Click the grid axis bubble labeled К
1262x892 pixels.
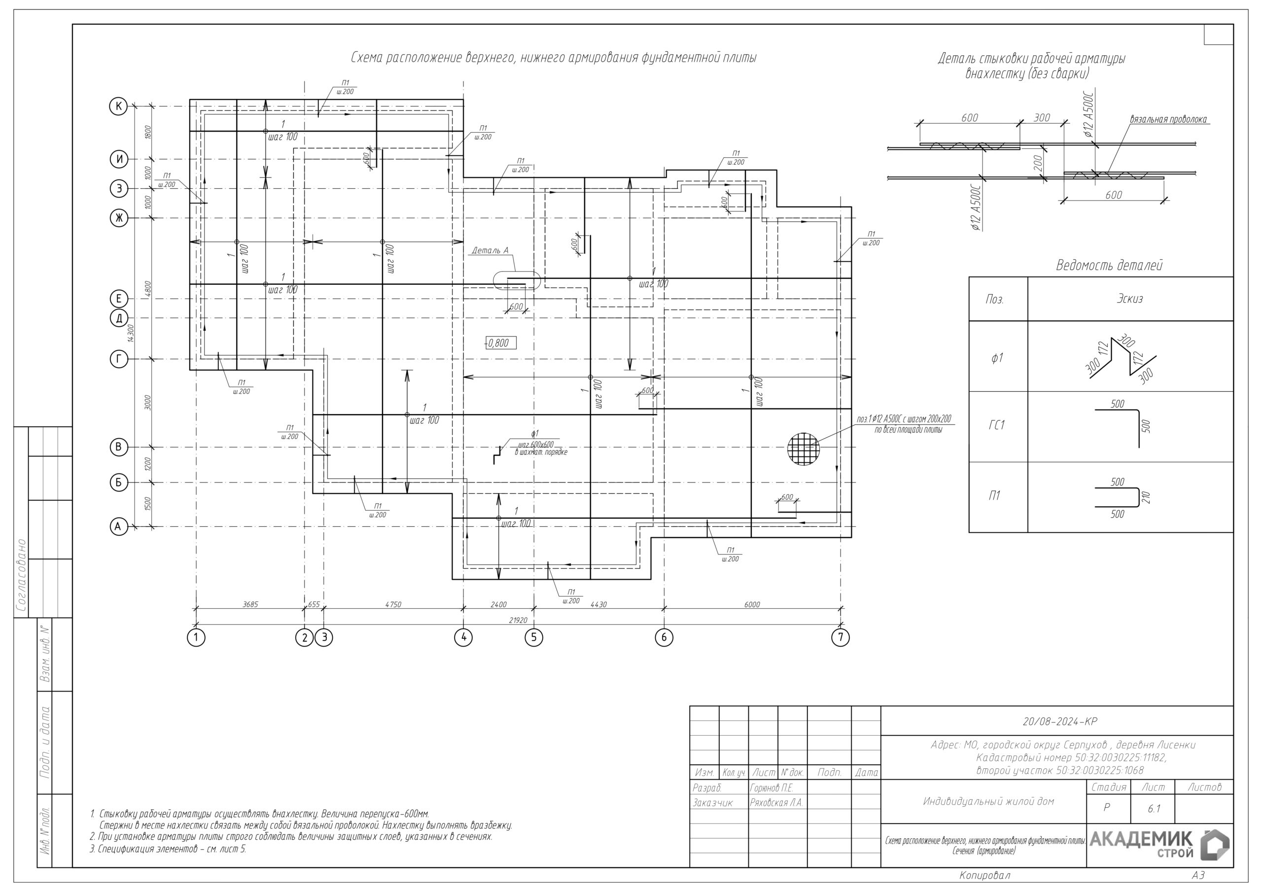[x=118, y=106]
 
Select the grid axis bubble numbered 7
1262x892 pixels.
[x=841, y=638]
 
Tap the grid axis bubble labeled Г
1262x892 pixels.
[x=119, y=359]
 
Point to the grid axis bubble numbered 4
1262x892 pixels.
[x=463, y=638]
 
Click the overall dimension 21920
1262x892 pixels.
[x=518, y=620]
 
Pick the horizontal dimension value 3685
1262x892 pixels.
[x=250, y=604]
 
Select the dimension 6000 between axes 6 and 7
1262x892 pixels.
[x=752, y=604]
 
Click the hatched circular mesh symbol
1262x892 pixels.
[x=803, y=449]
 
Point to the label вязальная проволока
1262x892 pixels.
[x=1168, y=119]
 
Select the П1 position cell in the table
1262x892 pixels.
[x=995, y=496]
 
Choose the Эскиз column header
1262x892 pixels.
[x=1129, y=299]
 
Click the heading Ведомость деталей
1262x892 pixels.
[x=1109, y=266]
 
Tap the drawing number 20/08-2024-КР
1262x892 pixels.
[x=1059, y=721]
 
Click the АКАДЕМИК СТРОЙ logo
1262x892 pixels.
[x=1158, y=845]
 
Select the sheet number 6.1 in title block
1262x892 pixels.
[x=1154, y=808]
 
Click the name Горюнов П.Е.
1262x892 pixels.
[x=771, y=788]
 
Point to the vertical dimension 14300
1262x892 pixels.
[x=130, y=334]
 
